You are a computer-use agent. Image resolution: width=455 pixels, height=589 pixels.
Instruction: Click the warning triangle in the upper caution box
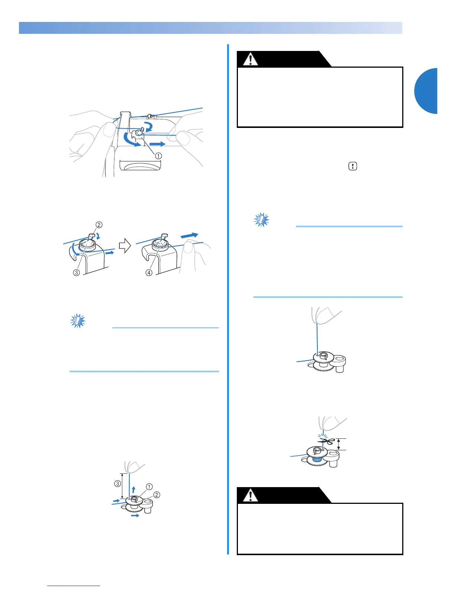pyautogui.click(x=251, y=59)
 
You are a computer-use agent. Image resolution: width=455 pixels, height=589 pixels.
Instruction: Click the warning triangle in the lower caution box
pyautogui.click(x=251, y=495)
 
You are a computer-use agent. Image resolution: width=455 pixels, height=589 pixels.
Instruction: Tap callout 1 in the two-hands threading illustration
pyautogui.click(x=159, y=156)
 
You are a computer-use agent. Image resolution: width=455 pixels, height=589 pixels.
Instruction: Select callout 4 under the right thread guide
pyautogui.click(x=149, y=273)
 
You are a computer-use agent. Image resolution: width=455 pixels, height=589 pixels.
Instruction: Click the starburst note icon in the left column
pyautogui.click(x=78, y=321)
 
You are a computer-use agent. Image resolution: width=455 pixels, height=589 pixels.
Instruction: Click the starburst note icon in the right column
pyautogui.click(x=262, y=220)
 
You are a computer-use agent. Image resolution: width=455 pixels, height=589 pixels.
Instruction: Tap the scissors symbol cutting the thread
pyautogui.click(x=326, y=441)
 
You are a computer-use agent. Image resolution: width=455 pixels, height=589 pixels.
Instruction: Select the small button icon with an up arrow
pyautogui.click(x=352, y=167)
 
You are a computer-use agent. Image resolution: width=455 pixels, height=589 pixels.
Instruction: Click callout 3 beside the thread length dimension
pyautogui.click(x=117, y=484)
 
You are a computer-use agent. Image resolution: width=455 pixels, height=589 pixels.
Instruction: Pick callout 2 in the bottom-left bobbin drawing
pyautogui.click(x=157, y=495)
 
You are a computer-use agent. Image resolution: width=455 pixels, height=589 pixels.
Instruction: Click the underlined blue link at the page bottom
pyautogui.click(x=74, y=586)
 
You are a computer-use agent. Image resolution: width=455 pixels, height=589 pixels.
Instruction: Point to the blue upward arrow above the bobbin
pyautogui.click(x=133, y=489)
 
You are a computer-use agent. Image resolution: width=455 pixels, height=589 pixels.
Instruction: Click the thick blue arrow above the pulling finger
pyautogui.click(x=190, y=236)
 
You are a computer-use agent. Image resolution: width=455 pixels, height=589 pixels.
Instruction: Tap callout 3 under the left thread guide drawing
pyautogui.click(x=76, y=273)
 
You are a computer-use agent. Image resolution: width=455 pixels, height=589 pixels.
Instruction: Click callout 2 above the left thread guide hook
pyautogui.click(x=99, y=225)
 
